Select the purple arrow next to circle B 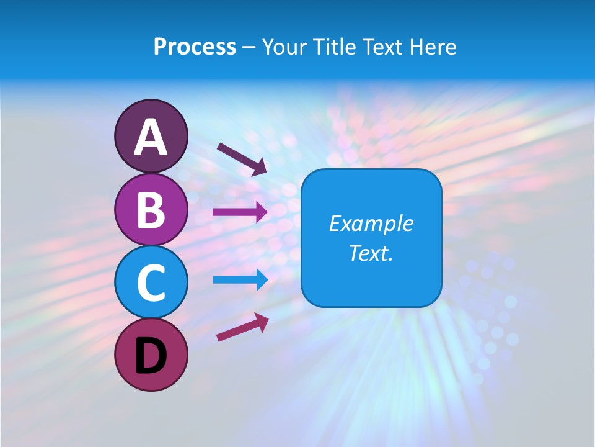point(240,212)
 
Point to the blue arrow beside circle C point(240,280)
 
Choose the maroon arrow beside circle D point(242,327)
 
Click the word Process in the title point(195,47)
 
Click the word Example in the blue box point(371,223)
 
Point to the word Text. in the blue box point(371,253)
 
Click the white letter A point(151,137)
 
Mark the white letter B point(151,209)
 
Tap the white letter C point(151,282)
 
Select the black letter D point(151,354)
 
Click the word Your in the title point(284,47)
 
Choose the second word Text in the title point(382,47)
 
